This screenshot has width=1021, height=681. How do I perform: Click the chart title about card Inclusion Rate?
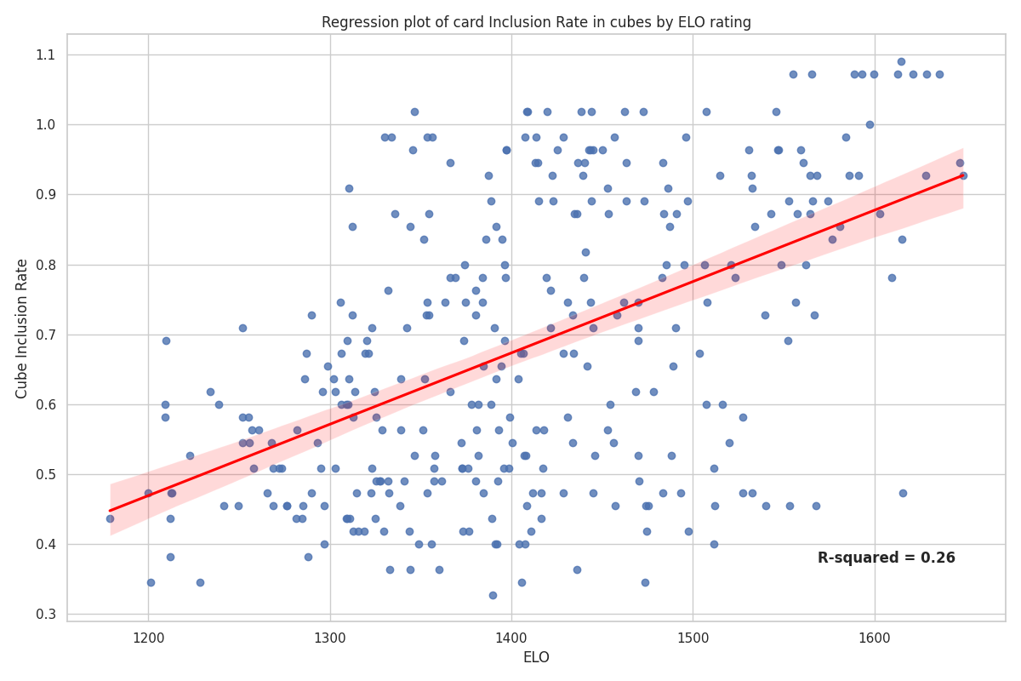[x=536, y=22]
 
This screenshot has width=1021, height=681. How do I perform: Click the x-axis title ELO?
[x=536, y=657]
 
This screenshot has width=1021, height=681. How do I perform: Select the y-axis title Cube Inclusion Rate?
[x=22, y=328]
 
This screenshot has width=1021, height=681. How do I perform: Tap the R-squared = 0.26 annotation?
[x=886, y=558]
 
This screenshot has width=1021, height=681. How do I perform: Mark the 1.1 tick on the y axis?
[x=44, y=54]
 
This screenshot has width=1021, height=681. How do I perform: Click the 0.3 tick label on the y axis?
[x=44, y=615]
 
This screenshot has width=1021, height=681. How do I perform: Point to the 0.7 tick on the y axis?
[x=44, y=335]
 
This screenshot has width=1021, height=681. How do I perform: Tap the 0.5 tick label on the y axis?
[x=44, y=474]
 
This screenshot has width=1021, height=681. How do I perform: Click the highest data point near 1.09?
[x=901, y=61]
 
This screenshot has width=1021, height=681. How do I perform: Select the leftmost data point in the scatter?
[x=110, y=518]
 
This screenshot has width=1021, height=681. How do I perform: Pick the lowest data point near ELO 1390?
[x=493, y=595]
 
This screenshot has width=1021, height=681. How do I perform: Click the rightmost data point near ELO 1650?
[x=963, y=175]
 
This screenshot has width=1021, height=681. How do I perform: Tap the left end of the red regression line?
[x=111, y=511]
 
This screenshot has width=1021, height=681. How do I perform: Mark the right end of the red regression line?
[x=962, y=175]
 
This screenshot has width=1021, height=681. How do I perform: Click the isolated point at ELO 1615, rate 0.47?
[x=903, y=493]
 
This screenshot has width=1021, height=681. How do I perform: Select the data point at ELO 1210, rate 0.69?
[x=166, y=340]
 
